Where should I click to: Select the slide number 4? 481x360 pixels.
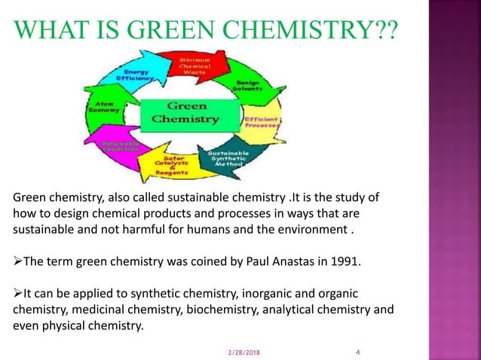tap(357, 351)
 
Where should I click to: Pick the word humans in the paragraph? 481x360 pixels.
tap(212, 230)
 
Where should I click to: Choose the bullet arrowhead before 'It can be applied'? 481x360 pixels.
tap(19, 293)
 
